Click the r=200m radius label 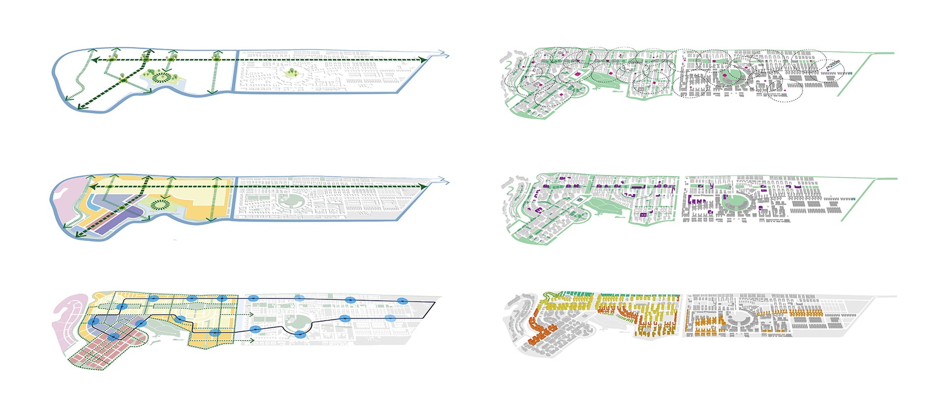[833, 64]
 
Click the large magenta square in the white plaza [577, 74]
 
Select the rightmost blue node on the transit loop [403, 301]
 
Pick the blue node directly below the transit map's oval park [300, 335]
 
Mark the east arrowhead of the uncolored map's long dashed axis [423, 59]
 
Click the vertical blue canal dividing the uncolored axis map [236, 71]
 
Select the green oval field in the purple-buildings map [734, 202]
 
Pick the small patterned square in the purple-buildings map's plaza [580, 200]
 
